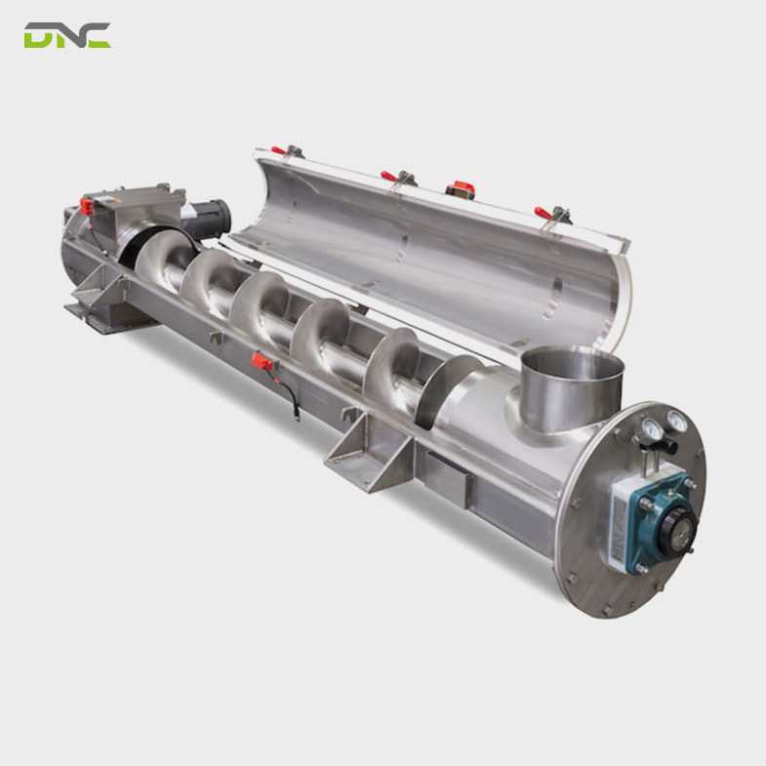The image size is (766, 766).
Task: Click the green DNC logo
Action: click(67, 36)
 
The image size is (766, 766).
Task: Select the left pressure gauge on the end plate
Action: click(650, 427)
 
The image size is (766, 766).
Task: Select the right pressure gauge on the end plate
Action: click(675, 421)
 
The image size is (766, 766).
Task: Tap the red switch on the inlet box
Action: click(87, 207)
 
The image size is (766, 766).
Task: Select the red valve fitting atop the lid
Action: click(459, 188)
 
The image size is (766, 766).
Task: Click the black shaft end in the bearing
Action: click(679, 533)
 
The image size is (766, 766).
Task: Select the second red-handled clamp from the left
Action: click(396, 177)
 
